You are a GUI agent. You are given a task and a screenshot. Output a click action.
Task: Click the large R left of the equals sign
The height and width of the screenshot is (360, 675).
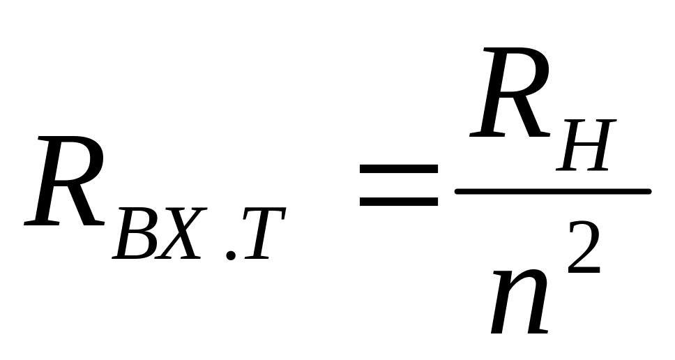coord(66,183)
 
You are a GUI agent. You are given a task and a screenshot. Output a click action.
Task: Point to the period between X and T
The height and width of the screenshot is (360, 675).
coord(231,257)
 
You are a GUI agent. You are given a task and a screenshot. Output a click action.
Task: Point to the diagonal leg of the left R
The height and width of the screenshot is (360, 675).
coord(84,206)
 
